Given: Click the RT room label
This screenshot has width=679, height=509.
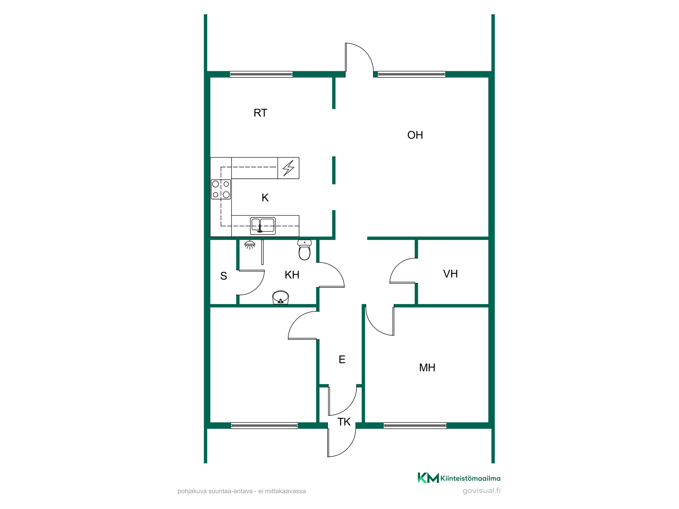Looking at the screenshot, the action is pyautogui.click(x=260, y=113).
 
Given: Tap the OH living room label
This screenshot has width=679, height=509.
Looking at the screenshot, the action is pyautogui.click(x=415, y=135).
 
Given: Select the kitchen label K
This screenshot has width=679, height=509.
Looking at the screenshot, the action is pyautogui.click(x=265, y=197).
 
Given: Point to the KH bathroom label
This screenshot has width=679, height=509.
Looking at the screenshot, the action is pyautogui.click(x=292, y=275).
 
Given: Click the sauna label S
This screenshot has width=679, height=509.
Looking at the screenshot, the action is pyautogui.click(x=223, y=276).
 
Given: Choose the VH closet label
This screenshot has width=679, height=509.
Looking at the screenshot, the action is pyautogui.click(x=451, y=274).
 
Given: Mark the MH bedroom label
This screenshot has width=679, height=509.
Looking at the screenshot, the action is pyautogui.click(x=427, y=367).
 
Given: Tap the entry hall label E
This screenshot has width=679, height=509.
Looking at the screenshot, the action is pyautogui.click(x=342, y=360).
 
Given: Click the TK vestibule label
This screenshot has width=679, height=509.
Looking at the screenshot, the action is pyautogui.click(x=344, y=422).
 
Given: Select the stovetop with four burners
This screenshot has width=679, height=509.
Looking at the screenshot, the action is pyautogui.click(x=221, y=189).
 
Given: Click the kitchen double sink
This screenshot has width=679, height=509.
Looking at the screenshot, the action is pyautogui.click(x=263, y=226).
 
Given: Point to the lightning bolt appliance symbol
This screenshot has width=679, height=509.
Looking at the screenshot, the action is pyautogui.click(x=289, y=168).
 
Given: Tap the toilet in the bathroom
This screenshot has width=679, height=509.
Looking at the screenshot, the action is pyautogui.click(x=305, y=250).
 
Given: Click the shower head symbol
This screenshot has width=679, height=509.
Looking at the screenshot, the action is pyautogui.click(x=250, y=245).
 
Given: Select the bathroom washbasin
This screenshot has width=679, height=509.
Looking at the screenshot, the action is pyautogui.click(x=280, y=298).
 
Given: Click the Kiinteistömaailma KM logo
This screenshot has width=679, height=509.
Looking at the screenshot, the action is pyautogui.click(x=459, y=478).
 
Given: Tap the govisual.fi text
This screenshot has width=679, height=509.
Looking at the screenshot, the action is pyautogui.click(x=481, y=491).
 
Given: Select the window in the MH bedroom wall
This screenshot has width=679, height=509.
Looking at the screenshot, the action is pyautogui.click(x=415, y=426).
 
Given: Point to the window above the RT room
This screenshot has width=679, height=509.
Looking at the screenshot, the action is pyautogui.click(x=261, y=74).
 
